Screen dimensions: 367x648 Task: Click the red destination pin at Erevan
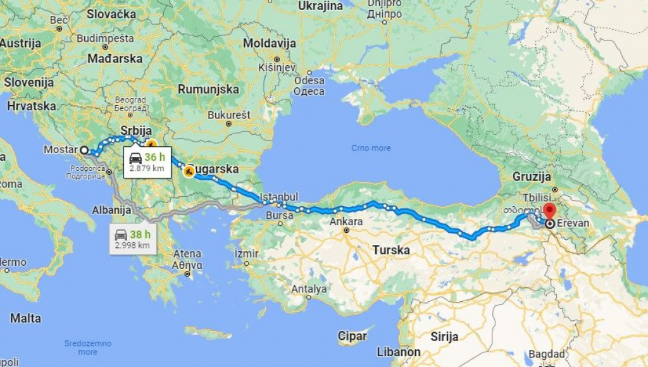(x=549, y=211)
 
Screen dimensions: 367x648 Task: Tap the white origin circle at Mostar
(x=84, y=151)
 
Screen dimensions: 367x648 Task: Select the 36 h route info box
(x=147, y=161)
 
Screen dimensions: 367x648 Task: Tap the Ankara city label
(x=346, y=221)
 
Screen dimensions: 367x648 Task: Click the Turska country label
(x=390, y=250)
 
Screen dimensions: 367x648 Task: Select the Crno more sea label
(x=371, y=148)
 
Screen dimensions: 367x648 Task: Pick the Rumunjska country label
(x=208, y=89)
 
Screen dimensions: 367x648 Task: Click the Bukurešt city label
(x=229, y=115)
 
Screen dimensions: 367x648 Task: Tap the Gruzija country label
(x=533, y=176)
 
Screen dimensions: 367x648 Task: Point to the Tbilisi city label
(x=538, y=196)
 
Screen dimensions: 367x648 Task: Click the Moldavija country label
(x=270, y=44)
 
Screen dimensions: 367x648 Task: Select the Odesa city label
(x=309, y=80)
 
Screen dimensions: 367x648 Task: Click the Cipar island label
(x=352, y=335)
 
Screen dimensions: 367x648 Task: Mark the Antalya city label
(x=309, y=289)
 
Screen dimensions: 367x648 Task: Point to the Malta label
(x=25, y=318)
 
